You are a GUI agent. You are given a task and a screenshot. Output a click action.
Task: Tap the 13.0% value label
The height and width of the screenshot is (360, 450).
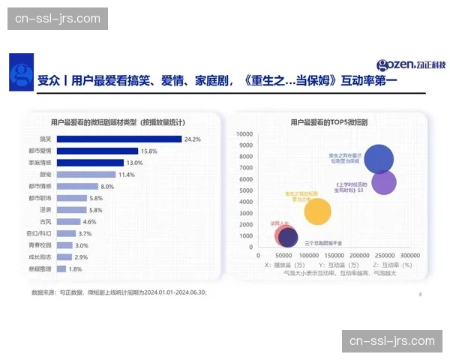pos(134,163)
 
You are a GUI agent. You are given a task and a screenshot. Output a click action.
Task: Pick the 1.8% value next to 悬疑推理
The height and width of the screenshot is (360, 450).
pos(75,269)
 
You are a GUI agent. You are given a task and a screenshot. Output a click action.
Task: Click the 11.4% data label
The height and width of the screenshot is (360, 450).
pos(127,175)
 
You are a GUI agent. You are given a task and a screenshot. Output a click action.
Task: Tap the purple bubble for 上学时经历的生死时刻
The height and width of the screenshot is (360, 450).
pos(384,181)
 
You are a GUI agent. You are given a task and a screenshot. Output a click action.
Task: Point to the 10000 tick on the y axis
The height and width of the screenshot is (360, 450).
pos(244,134)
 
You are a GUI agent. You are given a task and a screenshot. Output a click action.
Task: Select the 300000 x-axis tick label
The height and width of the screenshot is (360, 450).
pos(409,256)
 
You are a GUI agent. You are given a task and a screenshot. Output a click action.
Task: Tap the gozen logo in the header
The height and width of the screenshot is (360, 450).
pos(410,66)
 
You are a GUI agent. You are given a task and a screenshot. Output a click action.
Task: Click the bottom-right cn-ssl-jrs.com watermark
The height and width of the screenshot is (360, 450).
pos(392,340)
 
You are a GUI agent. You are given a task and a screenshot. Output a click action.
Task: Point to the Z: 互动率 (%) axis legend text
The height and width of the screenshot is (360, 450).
pos(391,265)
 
